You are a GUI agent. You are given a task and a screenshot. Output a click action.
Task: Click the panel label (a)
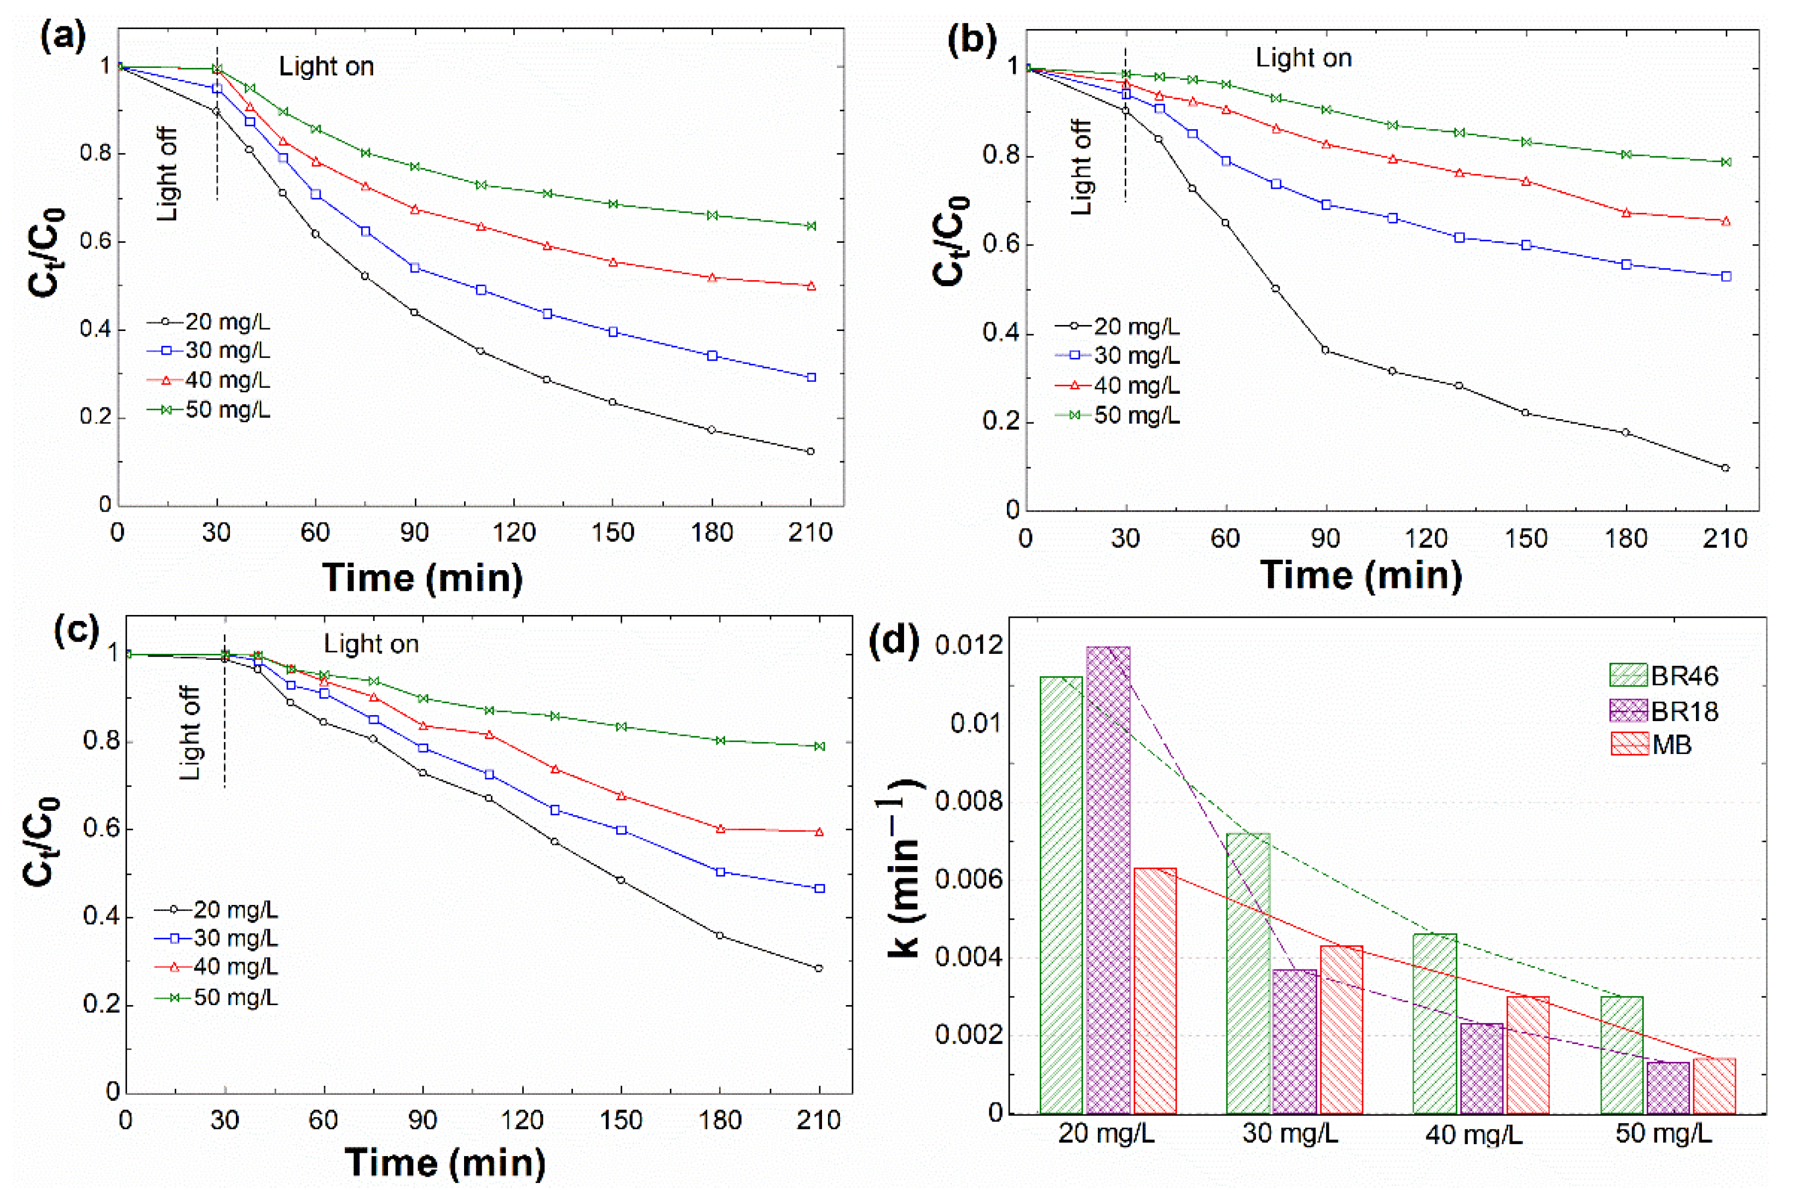click(x=63, y=37)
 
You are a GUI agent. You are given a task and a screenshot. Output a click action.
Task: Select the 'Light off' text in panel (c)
click(x=190, y=733)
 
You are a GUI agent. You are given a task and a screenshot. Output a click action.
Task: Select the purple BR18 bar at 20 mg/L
click(x=1108, y=880)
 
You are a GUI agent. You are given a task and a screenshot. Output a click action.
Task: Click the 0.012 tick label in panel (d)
click(x=969, y=646)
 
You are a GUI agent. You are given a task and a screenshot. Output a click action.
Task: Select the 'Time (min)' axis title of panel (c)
click(x=445, y=1162)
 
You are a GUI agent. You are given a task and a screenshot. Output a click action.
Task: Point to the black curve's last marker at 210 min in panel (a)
click(x=810, y=451)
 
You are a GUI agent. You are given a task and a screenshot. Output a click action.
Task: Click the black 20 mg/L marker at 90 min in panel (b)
click(x=1325, y=350)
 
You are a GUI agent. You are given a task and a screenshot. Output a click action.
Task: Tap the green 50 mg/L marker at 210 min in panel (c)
click(x=819, y=746)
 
